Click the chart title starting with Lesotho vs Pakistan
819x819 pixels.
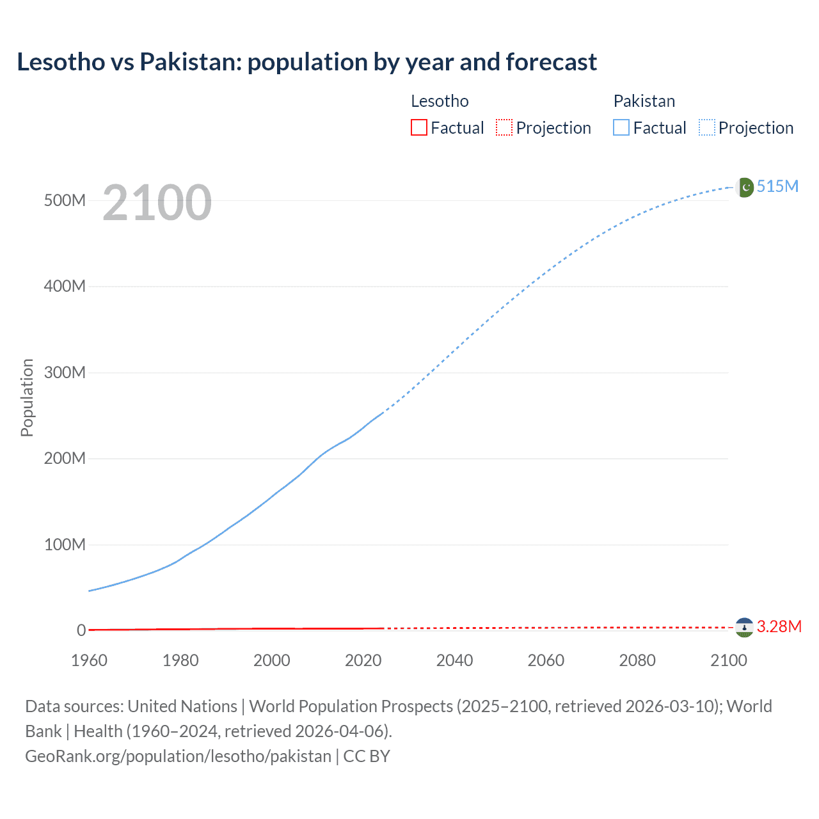pyautogui.click(x=306, y=62)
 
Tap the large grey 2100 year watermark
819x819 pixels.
pyautogui.click(x=157, y=203)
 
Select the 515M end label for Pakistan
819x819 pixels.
pyautogui.click(x=777, y=186)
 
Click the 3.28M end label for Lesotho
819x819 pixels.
pyautogui.click(x=779, y=626)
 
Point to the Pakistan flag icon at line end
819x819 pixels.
pyautogui.click(x=745, y=187)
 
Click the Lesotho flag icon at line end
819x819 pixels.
pyautogui.click(x=744, y=628)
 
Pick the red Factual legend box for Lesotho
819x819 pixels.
pyautogui.click(x=419, y=128)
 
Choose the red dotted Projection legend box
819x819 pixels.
pyautogui.click(x=504, y=128)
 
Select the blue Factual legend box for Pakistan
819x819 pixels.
pyautogui.click(x=621, y=128)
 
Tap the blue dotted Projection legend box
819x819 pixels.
pyautogui.click(x=707, y=128)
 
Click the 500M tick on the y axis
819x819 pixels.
pyautogui.click(x=65, y=200)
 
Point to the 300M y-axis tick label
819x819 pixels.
pyautogui.click(x=65, y=372)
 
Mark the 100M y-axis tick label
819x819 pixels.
pyautogui.click(x=65, y=545)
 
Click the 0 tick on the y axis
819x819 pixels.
pyautogui.click(x=81, y=630)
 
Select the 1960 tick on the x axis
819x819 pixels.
pyautogui.click(x=89, y=660)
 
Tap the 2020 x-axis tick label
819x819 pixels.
pyautogui.click(x=363, y=660)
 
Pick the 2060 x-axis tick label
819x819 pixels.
pyautogui.click(x=546, y=660)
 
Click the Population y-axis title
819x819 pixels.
pyautogui.click(x=27, y=397)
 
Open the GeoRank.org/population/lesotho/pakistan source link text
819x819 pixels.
pyautogui.click(x=178, y=756)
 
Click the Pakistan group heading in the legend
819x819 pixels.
pyautogui.click(x=644, y=101)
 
